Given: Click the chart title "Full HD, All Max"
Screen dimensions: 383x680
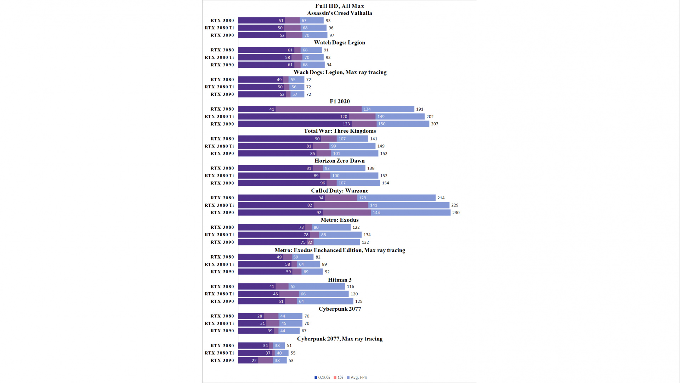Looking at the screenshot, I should click(339, 6).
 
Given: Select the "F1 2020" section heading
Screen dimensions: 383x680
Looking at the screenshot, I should click(340, 101).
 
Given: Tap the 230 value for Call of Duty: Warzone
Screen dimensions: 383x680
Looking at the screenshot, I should click(456, 213).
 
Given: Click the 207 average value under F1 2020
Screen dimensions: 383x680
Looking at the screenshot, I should click(435, 124).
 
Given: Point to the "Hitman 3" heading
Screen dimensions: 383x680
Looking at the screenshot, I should click(340, 280).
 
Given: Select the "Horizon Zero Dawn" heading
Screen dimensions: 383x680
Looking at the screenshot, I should click(340, 161).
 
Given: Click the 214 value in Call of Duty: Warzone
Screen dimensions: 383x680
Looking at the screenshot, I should click(441, 198).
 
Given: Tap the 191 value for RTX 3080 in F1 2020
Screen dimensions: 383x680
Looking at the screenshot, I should click(420, 109).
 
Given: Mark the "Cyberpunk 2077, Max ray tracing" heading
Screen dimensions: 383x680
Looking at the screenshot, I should click(340, 339).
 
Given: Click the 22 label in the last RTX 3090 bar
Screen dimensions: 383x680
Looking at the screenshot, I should click(254, 361).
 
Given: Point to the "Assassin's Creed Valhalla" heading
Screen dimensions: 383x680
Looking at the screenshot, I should click(340, 13).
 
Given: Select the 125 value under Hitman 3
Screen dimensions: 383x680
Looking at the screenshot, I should click(359, 301).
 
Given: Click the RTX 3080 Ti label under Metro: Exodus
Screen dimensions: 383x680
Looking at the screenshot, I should click(219, 235).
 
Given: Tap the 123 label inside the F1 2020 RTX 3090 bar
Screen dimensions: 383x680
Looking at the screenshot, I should click(346, 124).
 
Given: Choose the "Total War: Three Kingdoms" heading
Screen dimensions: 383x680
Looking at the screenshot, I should click(340, 131).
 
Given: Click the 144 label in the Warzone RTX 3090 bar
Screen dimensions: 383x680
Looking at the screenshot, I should click(376, 213).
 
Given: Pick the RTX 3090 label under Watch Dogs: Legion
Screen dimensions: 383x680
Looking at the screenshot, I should click(222, 65).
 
